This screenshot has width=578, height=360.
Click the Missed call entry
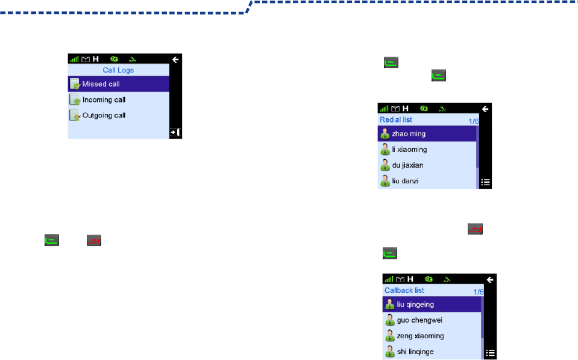(101, 84)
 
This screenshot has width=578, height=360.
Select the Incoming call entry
(104, 99)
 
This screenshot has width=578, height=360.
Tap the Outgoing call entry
(104, 115)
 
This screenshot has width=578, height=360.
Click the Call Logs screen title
(118, 71)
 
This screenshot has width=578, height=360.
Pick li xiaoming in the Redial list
(409, 149)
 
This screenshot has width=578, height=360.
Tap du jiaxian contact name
(408, 165)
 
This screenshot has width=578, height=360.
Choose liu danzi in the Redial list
(405, 180)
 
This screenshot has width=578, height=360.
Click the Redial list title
(396, 120)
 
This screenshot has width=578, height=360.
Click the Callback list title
(404, 290)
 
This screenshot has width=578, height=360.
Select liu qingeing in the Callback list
(415, 305)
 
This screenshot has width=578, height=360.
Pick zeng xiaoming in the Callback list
(420, 336)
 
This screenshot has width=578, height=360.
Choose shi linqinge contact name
(415, 352)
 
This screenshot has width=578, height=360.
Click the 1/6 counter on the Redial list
(473, 121)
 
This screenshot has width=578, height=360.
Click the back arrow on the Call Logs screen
(175, 60)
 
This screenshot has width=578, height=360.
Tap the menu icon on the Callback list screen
(491, 353)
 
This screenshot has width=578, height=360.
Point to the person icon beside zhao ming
(385, 133)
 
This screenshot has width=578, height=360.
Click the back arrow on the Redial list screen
(486, 109)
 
